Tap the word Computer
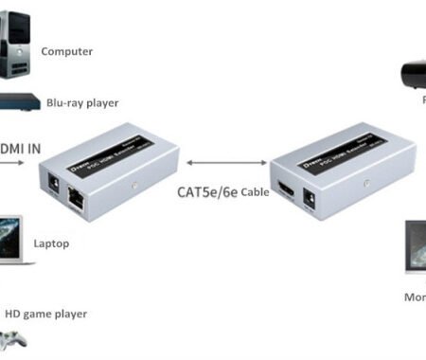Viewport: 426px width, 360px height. pyautogui.click(x=66, y=52)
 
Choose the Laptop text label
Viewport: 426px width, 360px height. pyautogui.click(x=52, y=243)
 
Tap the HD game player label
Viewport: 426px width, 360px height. pyautogui.click(x=46, y=314)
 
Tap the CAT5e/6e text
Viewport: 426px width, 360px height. pyautogui.click(x=205, y=190)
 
